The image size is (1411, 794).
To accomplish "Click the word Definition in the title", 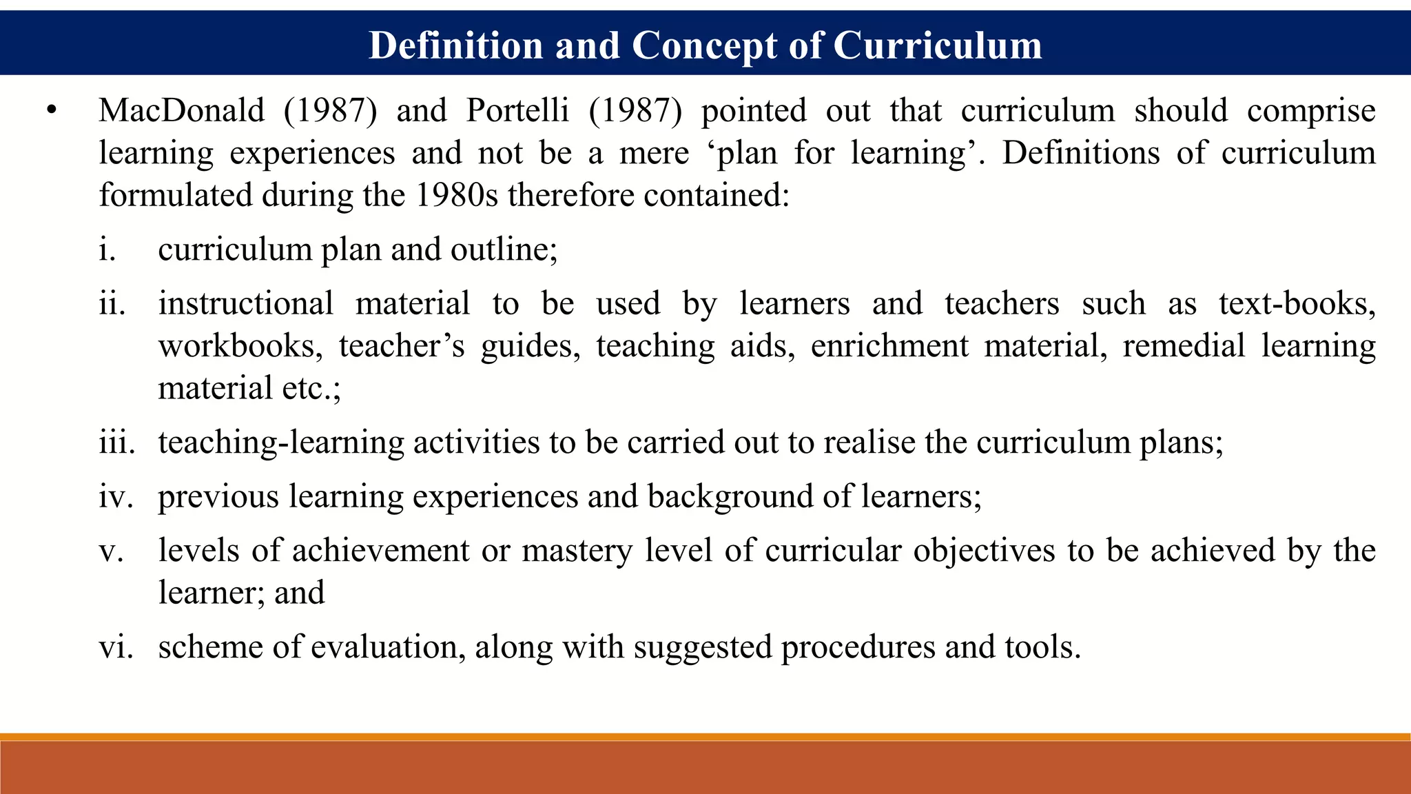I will (x=456, y=45).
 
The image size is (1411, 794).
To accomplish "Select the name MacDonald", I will (x=181, y=110).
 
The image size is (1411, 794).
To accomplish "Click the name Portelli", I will (x=517, y=110).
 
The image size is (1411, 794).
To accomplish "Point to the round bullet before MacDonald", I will (x=50, y=110).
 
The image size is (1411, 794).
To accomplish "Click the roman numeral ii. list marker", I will (x=112, y=304).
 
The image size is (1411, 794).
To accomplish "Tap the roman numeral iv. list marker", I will (x=114, y=496).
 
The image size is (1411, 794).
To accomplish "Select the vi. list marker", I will (x=115, y=647).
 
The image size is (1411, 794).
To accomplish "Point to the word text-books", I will (x=1297, y=304).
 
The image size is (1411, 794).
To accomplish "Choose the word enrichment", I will (x=889, y=346).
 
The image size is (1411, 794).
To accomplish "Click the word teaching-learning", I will (x=281, y=442).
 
